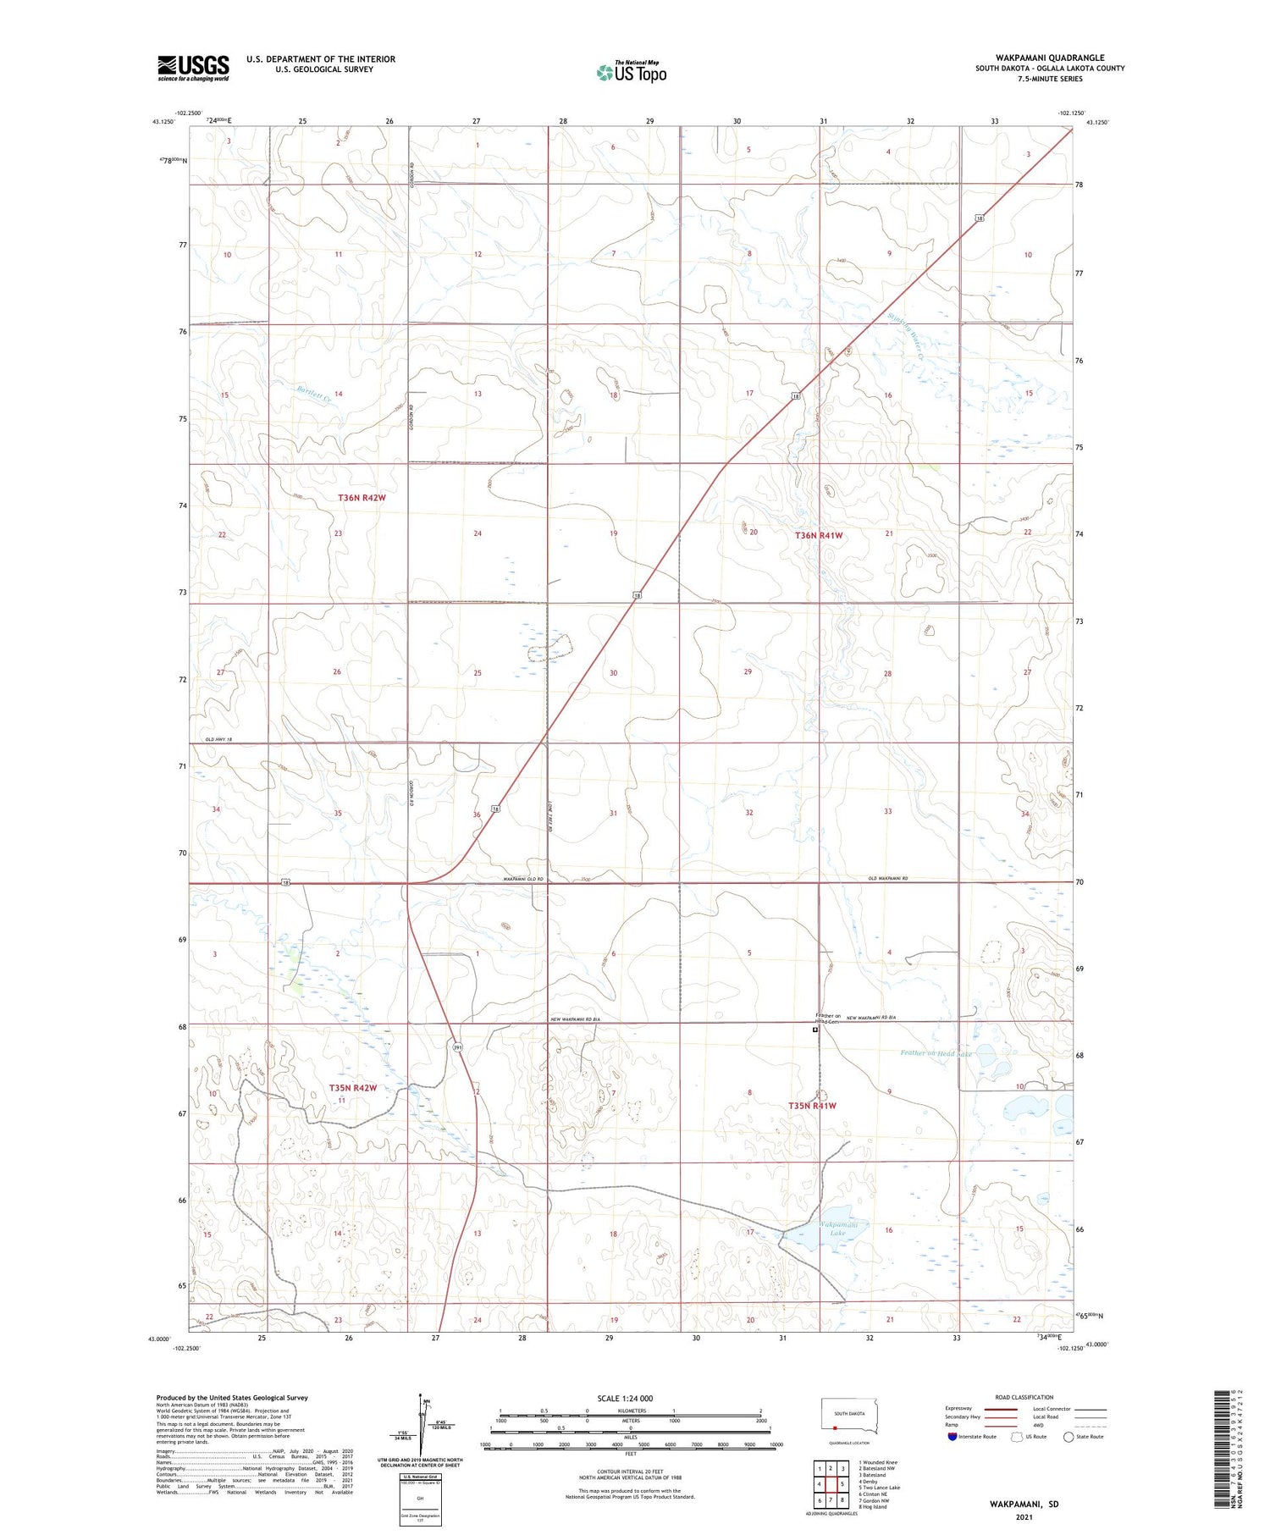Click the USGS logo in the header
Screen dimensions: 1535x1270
point(193,68)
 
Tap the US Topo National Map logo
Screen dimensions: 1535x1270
point(631,73)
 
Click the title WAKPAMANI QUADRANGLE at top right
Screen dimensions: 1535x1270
point(1049,58)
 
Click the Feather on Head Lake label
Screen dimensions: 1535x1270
point(936,1053)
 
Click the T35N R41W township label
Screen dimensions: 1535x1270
point(812,1106)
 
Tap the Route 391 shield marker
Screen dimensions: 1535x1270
point(458,1047)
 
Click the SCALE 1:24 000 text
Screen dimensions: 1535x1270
point(625,1398)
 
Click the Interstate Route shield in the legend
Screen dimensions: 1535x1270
point(952,1437)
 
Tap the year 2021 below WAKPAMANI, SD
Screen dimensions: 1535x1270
point(1024,1517)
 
